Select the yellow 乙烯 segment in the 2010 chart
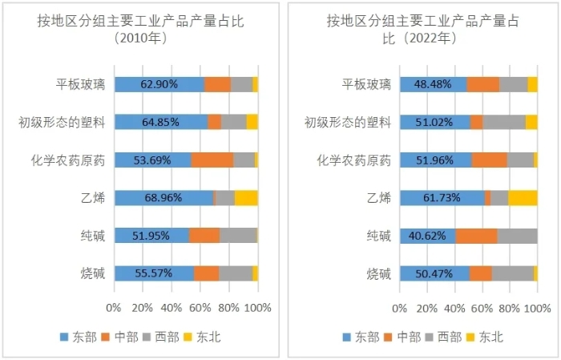pyautogui.click(x=246, y=197)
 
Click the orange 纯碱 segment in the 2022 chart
pyautogui.click(x=476, y=235)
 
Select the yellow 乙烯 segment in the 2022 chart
pyautogui.click(x=523, y=197)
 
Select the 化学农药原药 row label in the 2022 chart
pyautogui.click(x=353, y=160)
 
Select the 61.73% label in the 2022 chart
pyautogui.click(x=442, y=197)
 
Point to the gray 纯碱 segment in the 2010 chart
pyautogui.click(x=238, y=235)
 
